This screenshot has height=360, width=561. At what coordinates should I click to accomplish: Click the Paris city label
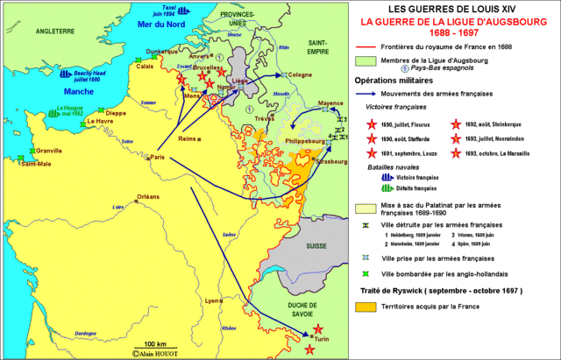pyautogui.click(x=158, y=157)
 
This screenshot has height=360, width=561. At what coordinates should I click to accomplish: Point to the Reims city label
pyautogui.click(x=184, y=139)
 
